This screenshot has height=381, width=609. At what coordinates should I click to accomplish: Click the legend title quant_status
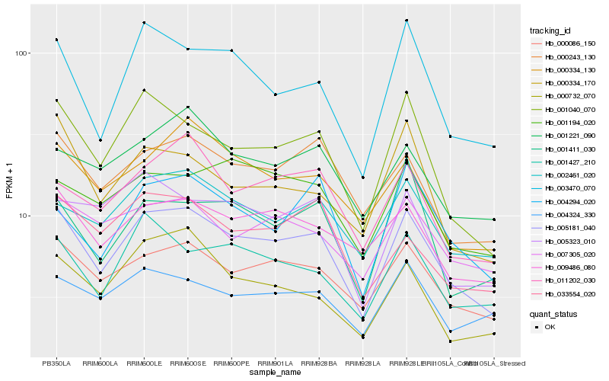[x=554, y=313]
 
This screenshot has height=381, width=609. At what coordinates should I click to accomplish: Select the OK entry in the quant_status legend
[x=550, y=326]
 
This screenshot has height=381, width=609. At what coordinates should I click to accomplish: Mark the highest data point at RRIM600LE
[x=144, y=23]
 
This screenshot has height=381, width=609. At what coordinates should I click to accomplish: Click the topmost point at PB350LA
[x=56, y=40]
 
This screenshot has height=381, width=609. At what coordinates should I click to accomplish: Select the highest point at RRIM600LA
[x=100, y=140]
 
